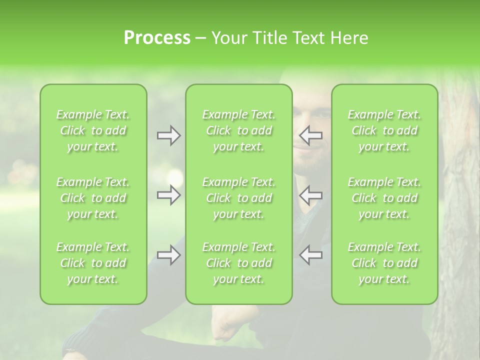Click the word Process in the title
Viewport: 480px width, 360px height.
(157, 38)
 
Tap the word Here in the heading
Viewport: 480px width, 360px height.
(348, 38)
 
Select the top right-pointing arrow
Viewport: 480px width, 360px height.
(168, 135)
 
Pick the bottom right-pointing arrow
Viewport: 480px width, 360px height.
(168, 255)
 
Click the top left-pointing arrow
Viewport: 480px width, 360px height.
(311, 135)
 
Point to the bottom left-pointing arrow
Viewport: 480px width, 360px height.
(311, 255)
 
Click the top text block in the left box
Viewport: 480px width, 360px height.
(93, 130)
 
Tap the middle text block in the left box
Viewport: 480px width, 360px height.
(93, 198)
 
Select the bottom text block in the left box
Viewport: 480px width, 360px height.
(93, 263)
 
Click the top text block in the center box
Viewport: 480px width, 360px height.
(238, 130)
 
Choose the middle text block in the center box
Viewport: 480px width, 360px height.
(238, 198)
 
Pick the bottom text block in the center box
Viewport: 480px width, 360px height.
(238, 263)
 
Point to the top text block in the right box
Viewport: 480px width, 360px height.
(384, 130)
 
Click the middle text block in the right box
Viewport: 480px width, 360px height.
(384, 198)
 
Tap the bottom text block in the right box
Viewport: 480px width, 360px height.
(384, 263)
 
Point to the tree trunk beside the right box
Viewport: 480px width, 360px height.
(457, 200)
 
